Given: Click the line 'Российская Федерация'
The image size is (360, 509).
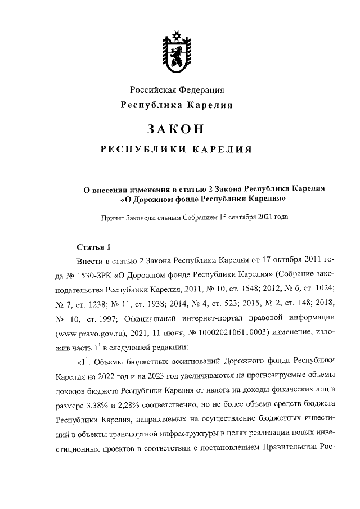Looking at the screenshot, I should point(177,90).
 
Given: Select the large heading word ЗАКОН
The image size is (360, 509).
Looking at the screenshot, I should point(175,128).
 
